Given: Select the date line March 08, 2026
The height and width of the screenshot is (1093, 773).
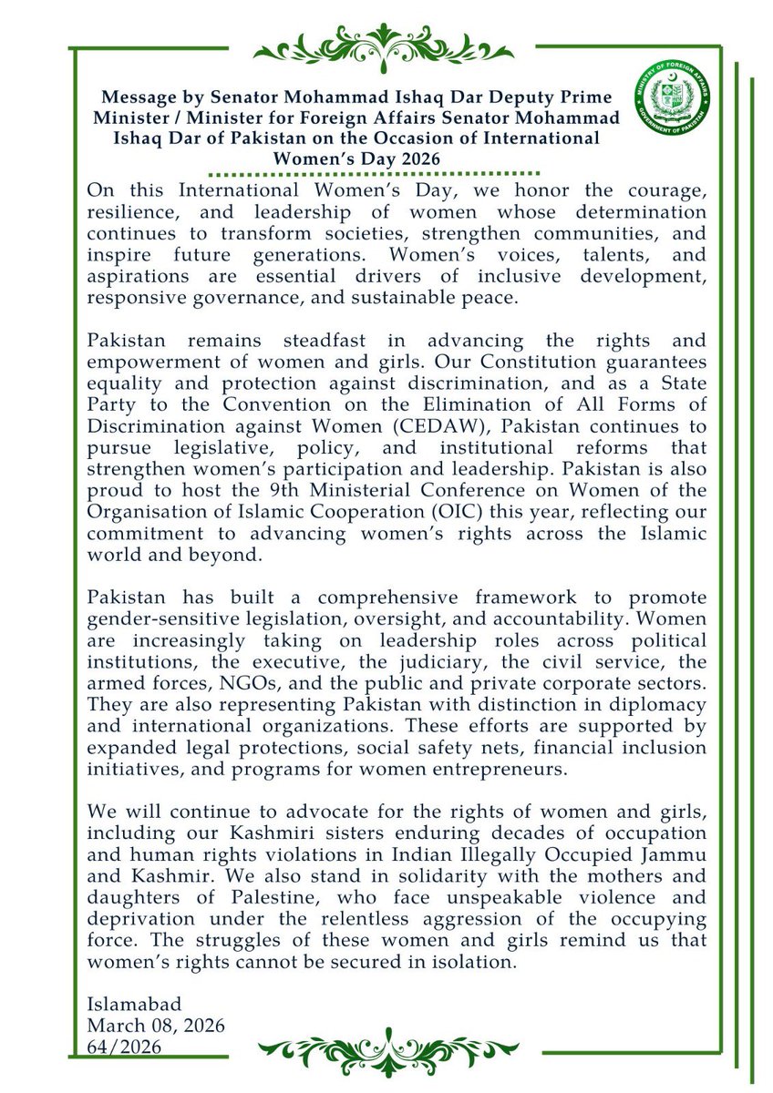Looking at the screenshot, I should (x=155, y=1027).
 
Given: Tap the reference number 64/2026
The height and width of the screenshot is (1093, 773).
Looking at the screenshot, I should (x=124, y=1047).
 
